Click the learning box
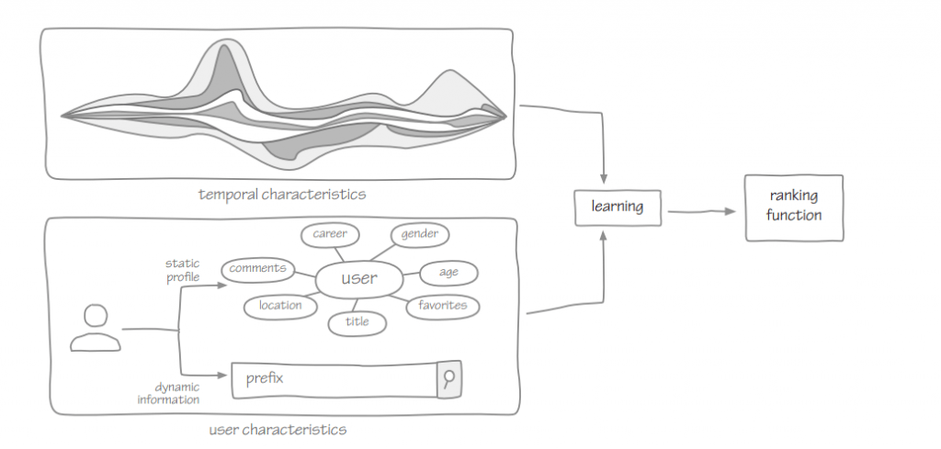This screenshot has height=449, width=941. [617, 207]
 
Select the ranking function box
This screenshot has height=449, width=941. [793, 206]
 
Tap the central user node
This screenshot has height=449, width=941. [358, 278]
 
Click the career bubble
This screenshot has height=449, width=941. [329, 234]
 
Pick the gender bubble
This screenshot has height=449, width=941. [419, 234]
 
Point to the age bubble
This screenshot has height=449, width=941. [448, 272]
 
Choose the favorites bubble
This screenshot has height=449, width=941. [443, 305]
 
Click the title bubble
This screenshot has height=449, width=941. [357, 322]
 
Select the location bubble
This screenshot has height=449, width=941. [280, 306]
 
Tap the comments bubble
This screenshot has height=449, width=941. [258, 269]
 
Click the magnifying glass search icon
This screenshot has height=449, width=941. [448, 378]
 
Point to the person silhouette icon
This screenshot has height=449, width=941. [95, 329]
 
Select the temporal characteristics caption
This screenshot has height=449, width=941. [282, 194]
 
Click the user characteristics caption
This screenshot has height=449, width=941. [278, 429]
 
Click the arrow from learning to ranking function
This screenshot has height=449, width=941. [703, 212]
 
